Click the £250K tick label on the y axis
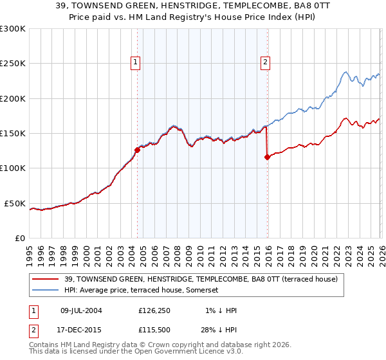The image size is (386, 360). click(x=13, y=64)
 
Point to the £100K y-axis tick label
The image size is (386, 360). click(x=13, y=168)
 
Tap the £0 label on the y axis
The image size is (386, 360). click(x=19, y=238)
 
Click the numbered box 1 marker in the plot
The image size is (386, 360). click(x=136, y=62)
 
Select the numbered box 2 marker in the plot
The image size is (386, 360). click(x=265, y=62)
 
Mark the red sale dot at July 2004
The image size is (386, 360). click(x=137, y=150)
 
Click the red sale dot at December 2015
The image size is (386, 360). click(x=267, y=157)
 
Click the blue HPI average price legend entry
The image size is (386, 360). click(x=142, y=291)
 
